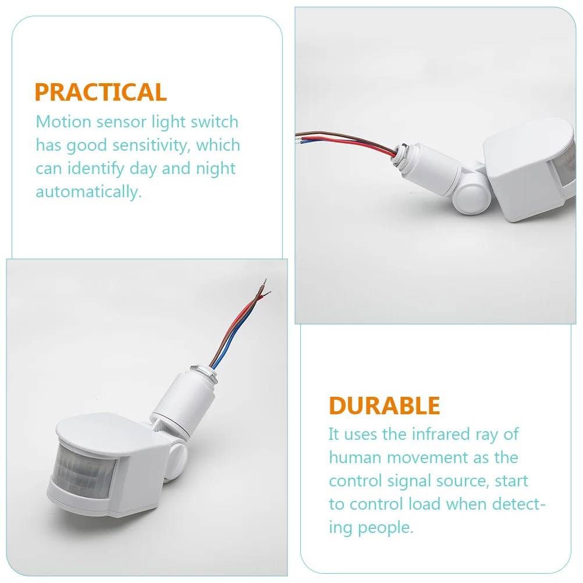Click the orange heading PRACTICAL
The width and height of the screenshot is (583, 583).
point(101,93)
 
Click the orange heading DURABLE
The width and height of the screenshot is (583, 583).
point(385,406)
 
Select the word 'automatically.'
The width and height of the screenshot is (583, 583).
point(88,192)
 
